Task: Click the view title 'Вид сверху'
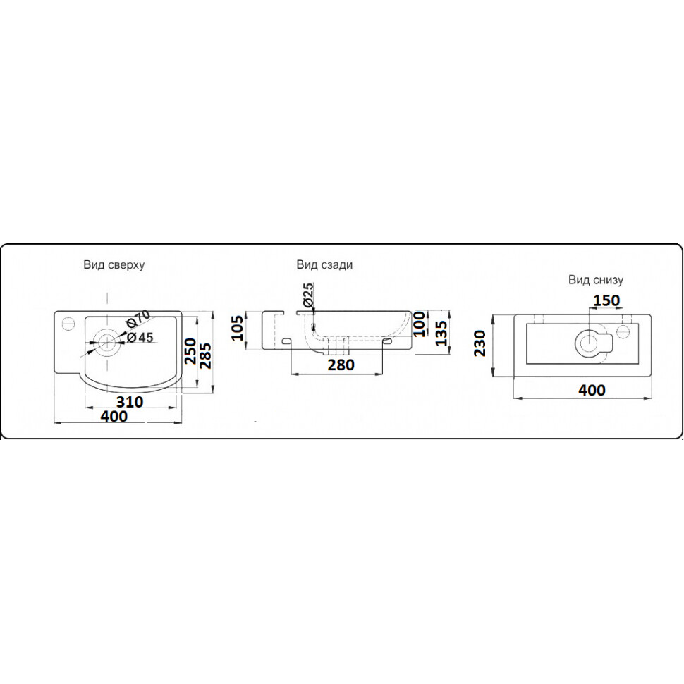114,265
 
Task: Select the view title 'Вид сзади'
324,264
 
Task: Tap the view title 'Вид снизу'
595,280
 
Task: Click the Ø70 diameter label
138,319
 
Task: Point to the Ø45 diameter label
139,337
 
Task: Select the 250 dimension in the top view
190,350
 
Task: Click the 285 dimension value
204,356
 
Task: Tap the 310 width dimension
130,402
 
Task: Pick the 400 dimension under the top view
114,416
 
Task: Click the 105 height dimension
236,328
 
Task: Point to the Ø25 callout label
308,295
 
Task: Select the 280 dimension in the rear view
341,365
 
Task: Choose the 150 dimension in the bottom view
606,300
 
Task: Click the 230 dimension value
480,343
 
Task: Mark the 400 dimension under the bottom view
592,390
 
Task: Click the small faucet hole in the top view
68,324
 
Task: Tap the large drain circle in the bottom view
589,341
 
